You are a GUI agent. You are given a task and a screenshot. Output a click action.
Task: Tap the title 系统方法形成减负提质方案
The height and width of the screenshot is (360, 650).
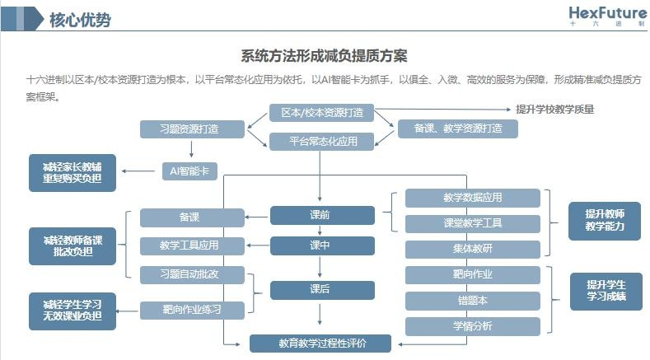click(324, 56)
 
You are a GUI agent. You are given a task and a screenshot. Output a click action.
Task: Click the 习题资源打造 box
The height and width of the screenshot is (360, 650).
click(191, 129)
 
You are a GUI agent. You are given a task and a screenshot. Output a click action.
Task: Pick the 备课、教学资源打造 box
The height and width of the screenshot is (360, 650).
click(458, 129)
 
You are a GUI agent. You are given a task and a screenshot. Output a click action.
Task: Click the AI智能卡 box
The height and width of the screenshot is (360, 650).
click(191, 171)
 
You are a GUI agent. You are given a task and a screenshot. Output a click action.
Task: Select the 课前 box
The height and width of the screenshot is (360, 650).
click(322, 215)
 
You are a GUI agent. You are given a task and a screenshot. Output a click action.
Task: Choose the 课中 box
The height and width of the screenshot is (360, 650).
click(322, 245)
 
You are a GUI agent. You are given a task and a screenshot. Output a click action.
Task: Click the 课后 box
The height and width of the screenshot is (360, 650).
click(322, 290)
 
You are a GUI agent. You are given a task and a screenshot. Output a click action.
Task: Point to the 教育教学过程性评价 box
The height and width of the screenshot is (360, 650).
click(322, 342)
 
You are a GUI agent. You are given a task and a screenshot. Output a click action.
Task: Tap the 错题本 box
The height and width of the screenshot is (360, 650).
click(473, 300)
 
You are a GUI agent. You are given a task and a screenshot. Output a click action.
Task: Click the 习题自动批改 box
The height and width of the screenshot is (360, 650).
click(191, 274)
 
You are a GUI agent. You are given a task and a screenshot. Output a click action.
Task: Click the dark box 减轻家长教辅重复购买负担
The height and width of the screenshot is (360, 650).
click(72, 172)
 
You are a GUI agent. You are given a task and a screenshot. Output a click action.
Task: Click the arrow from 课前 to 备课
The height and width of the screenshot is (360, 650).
click(258, 217)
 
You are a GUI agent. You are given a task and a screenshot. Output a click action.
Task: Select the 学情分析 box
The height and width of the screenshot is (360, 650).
click(473, 326)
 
